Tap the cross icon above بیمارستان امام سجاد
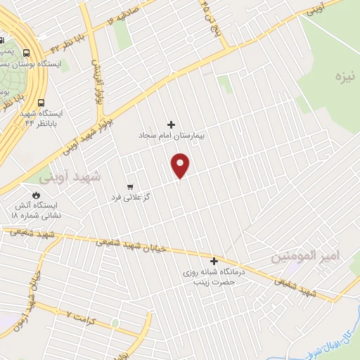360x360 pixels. pos(171,124)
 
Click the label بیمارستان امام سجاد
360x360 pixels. pos(171,135)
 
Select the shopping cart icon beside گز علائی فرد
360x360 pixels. pos(130,186)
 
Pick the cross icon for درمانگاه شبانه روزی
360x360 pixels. pos(214,261)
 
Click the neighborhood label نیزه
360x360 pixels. pos(344,75)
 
